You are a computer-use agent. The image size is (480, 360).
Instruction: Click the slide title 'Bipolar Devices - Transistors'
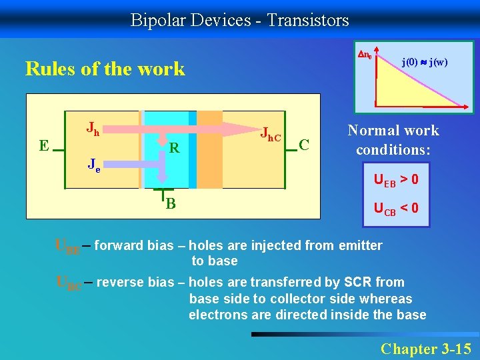[239, 20]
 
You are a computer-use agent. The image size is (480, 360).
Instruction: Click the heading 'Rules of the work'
[105, 69]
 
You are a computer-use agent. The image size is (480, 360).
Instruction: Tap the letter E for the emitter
[43, 145]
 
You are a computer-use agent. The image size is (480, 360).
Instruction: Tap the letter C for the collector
[303, 144]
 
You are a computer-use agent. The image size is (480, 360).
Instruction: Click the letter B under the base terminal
[171, 203]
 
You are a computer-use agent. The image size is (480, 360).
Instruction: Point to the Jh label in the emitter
[93, 127]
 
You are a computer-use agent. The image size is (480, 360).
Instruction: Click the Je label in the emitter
[94, 164]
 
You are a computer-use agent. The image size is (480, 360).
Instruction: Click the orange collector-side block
[209, 156]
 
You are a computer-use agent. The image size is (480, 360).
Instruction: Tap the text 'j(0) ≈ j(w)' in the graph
[425, 63]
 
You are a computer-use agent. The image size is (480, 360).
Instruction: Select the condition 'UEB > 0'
[396, 180]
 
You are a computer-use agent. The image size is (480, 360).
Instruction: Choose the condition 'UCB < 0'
[396, 208]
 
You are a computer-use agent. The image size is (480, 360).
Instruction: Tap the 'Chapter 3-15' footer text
[425, 348]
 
